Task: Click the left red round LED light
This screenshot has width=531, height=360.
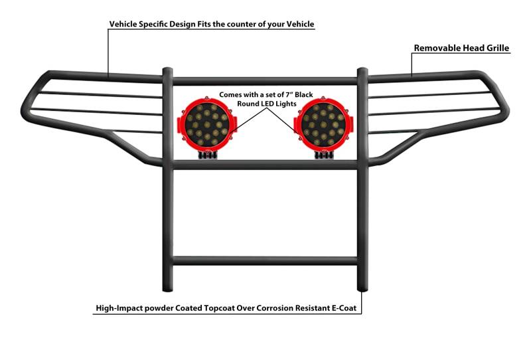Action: (204, 125)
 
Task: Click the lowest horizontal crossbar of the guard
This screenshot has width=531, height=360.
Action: (265, 261)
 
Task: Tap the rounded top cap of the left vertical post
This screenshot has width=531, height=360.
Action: (167, 68)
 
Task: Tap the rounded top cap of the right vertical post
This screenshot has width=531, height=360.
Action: (362, 69)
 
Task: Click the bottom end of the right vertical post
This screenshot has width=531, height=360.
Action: (362, 287)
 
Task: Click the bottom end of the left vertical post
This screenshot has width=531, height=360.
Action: (167, 287)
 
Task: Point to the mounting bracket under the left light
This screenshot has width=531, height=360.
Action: (206, 155)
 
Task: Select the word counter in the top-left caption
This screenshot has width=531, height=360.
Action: (254, 24)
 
